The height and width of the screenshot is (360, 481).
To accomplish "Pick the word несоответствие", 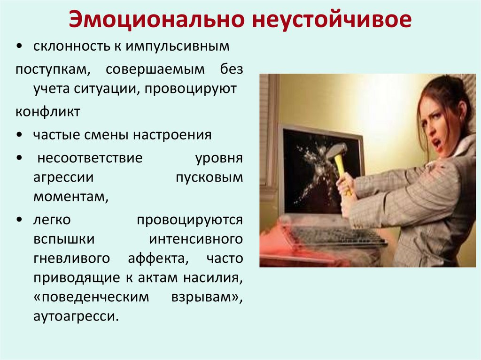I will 89,158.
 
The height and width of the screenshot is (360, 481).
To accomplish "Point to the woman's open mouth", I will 437,142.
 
